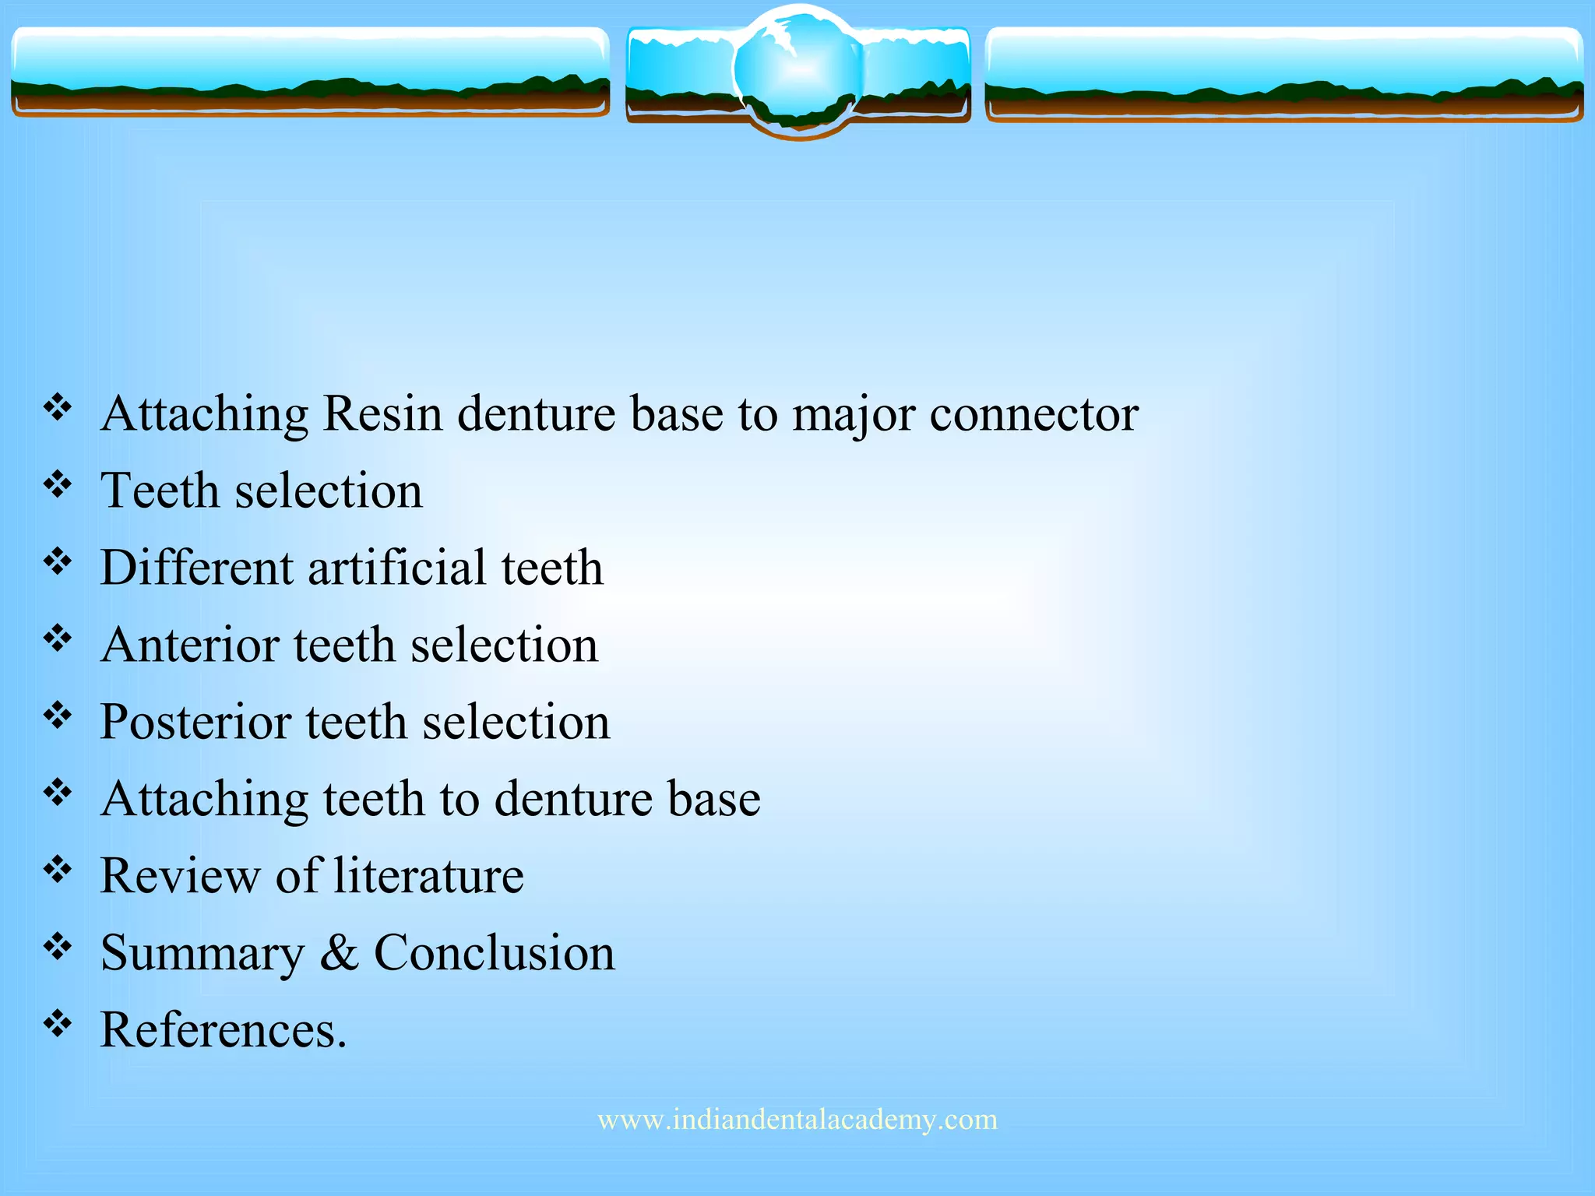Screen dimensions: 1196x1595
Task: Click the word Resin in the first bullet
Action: pyautogui.click(x=382, y=413)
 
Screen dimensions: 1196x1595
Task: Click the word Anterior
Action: pyautogui.click(x=189, y=645)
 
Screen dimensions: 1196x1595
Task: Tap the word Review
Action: pyautogui.click(x=180, y=876)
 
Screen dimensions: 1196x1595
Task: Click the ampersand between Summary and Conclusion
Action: pyautogui.click(x=339, y=953)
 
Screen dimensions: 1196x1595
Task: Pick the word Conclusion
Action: pyautogui.click(x=495, y=953)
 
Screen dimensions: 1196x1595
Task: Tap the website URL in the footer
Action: pyautogui.click(x=797, y=1120)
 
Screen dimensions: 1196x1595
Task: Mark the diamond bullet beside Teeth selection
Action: pyautogui.click(x=58, y=485)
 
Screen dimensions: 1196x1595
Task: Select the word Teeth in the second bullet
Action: pyautogui.click(x=160, y=491)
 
